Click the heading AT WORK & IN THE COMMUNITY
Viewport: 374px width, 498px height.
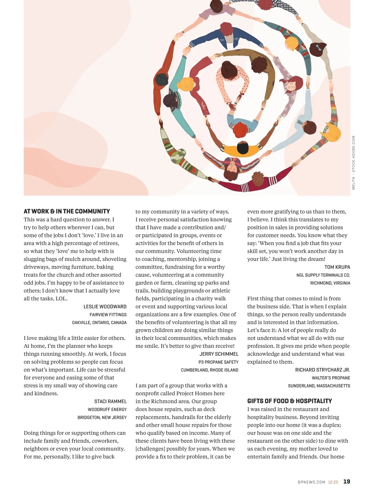pos(67,211)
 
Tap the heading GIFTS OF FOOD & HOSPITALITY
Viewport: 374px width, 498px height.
pos(290,401)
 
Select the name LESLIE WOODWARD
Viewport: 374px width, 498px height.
pos(105,307)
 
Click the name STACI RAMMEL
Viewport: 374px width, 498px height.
pos(110,401)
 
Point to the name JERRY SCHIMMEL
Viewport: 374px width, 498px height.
pos(219,354)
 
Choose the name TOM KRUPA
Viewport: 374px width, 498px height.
pos(337,267)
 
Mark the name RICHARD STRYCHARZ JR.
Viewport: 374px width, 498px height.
pos(323,370)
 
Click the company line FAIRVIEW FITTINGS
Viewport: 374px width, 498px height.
pos(108,315)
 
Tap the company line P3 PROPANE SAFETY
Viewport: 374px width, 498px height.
pos(218,362)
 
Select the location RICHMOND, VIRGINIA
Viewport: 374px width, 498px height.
pos(330,283)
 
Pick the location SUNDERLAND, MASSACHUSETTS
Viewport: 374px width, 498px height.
pos(319,386)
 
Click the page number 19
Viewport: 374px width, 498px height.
pos(347,481)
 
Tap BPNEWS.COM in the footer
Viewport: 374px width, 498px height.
pos(311,482)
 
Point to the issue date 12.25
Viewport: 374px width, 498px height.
pos(333,482)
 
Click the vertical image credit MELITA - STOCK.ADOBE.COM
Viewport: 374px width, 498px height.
pos(353,162)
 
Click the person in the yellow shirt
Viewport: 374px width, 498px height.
pos(242,148)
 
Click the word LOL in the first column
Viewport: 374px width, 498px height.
pos(61,299)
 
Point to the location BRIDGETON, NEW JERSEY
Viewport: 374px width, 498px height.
pos(102,417)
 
